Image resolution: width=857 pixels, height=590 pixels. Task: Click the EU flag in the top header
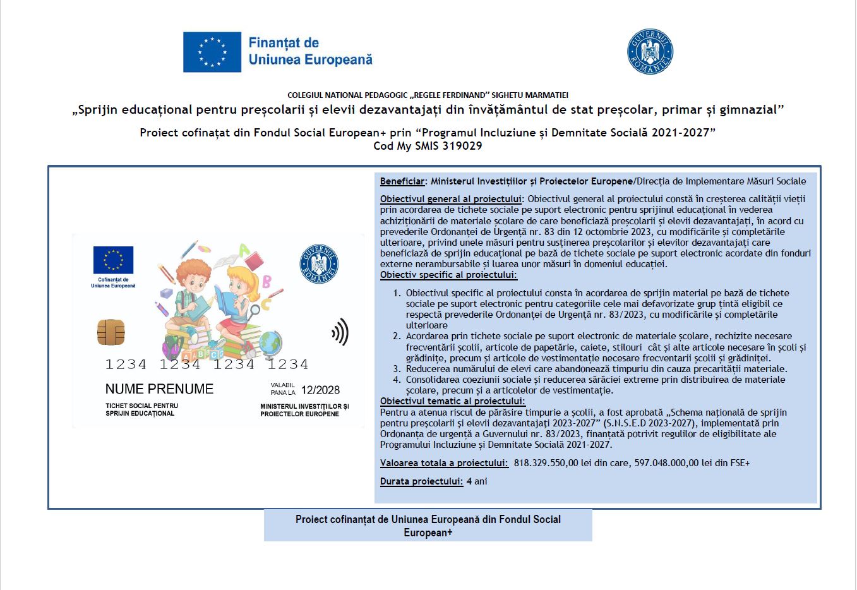pos(212,52)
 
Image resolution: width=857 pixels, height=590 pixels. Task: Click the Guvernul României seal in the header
pos(650,52)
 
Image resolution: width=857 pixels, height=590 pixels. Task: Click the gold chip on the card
pos(111,332)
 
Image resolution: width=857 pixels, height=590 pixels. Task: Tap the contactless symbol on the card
pos(340,332)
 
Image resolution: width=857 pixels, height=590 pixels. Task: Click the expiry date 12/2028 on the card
pos(320,390)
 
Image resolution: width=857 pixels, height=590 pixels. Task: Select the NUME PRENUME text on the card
pos(159,389)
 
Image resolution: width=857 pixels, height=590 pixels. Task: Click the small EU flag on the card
pos(113,260)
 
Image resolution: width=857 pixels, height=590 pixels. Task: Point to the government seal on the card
pos(319,263)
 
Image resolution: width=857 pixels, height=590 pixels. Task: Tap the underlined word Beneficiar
pos(402,181)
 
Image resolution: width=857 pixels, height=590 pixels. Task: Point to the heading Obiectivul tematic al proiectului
pos(452,401)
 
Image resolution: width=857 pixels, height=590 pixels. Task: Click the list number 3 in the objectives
pos(397,369)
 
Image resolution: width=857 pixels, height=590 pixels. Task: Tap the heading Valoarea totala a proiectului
pos(444,463)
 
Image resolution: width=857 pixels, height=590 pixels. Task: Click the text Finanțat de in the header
pos(284,43)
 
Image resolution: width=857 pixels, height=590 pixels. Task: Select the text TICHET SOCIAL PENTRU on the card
pos(141,406)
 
